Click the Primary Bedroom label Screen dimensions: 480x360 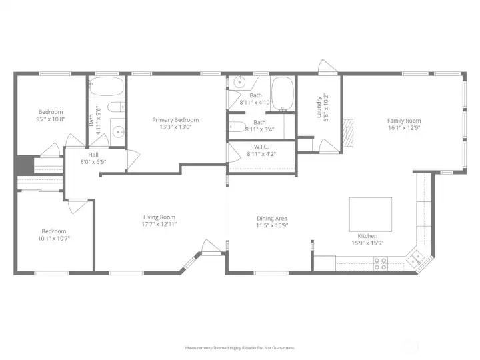click(x=175, y=120)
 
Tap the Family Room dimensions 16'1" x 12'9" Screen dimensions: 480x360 click(x=404, y=127)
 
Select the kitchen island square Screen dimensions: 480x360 click(x=371, y=214)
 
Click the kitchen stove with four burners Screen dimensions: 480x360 click(x=380, y=264)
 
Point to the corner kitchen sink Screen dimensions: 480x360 click(x=415, y=258)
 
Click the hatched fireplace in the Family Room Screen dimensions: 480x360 click(x=348, y=133)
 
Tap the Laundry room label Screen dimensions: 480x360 click(x=319, y=107)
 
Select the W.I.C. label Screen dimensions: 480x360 click(x=261, y=147)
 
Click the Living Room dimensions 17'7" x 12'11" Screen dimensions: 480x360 click(x=159, y=224)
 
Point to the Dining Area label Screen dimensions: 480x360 click(x=272, y=218)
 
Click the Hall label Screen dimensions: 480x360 click(x=93, y=155)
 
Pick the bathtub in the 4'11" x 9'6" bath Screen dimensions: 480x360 click(x=106, y=86)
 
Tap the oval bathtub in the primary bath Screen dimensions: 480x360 click(x=283, y=93)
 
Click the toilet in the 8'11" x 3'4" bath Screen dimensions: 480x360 click(x=237, y=127)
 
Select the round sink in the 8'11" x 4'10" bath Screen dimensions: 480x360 click(x=239, y=82)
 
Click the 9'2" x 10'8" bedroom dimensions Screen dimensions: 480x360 click(x=51, y=119)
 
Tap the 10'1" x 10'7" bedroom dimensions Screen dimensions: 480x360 click(x=54, y=239)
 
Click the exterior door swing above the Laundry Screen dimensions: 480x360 click(x=327, y=67)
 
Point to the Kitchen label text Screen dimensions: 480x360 click(x=367, y=236)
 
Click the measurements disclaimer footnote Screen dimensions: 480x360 click(x=240, y=348)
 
